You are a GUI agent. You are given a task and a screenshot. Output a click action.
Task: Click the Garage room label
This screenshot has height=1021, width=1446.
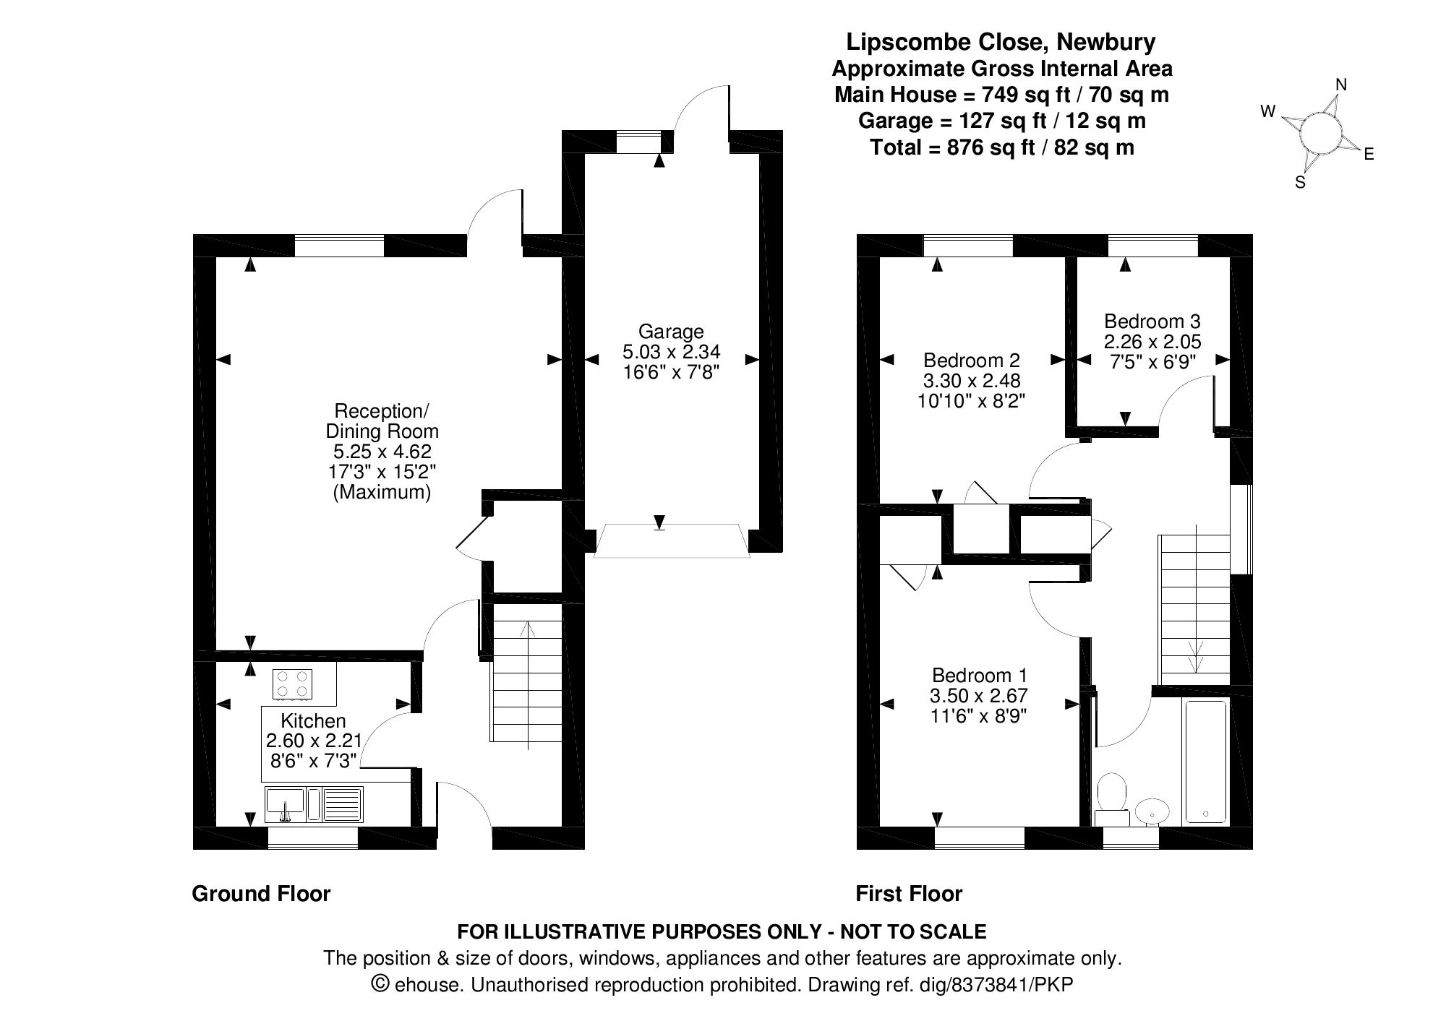[671, 332]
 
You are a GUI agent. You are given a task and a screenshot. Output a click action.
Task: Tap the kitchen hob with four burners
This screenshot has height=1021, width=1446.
[293, 684]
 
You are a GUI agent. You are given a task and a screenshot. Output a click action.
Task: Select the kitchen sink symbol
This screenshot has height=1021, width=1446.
[285, 804]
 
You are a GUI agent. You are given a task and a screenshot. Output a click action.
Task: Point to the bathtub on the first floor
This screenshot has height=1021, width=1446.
[1205, 762]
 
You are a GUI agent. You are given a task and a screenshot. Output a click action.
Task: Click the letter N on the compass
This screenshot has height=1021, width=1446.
[1340, 85]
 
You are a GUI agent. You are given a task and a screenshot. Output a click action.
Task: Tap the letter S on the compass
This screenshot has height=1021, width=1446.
[1300, 183]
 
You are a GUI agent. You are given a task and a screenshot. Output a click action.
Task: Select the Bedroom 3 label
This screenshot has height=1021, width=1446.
[1152, 322]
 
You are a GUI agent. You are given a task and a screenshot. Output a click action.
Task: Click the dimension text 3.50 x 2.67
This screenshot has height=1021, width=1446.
[979, 696]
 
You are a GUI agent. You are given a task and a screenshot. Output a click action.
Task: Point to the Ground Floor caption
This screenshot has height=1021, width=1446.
[261, 894]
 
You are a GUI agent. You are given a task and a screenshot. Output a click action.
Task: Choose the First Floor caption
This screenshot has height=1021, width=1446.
[909, 894]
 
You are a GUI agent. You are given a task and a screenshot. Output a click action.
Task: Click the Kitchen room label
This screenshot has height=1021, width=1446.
[313, 720]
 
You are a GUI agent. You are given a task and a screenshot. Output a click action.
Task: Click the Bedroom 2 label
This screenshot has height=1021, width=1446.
[972, 360]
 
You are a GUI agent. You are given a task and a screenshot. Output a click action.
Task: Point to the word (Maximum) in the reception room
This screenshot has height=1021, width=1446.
[382, 492]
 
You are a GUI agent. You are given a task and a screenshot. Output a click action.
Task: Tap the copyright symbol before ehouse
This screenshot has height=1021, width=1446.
[380, 983]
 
